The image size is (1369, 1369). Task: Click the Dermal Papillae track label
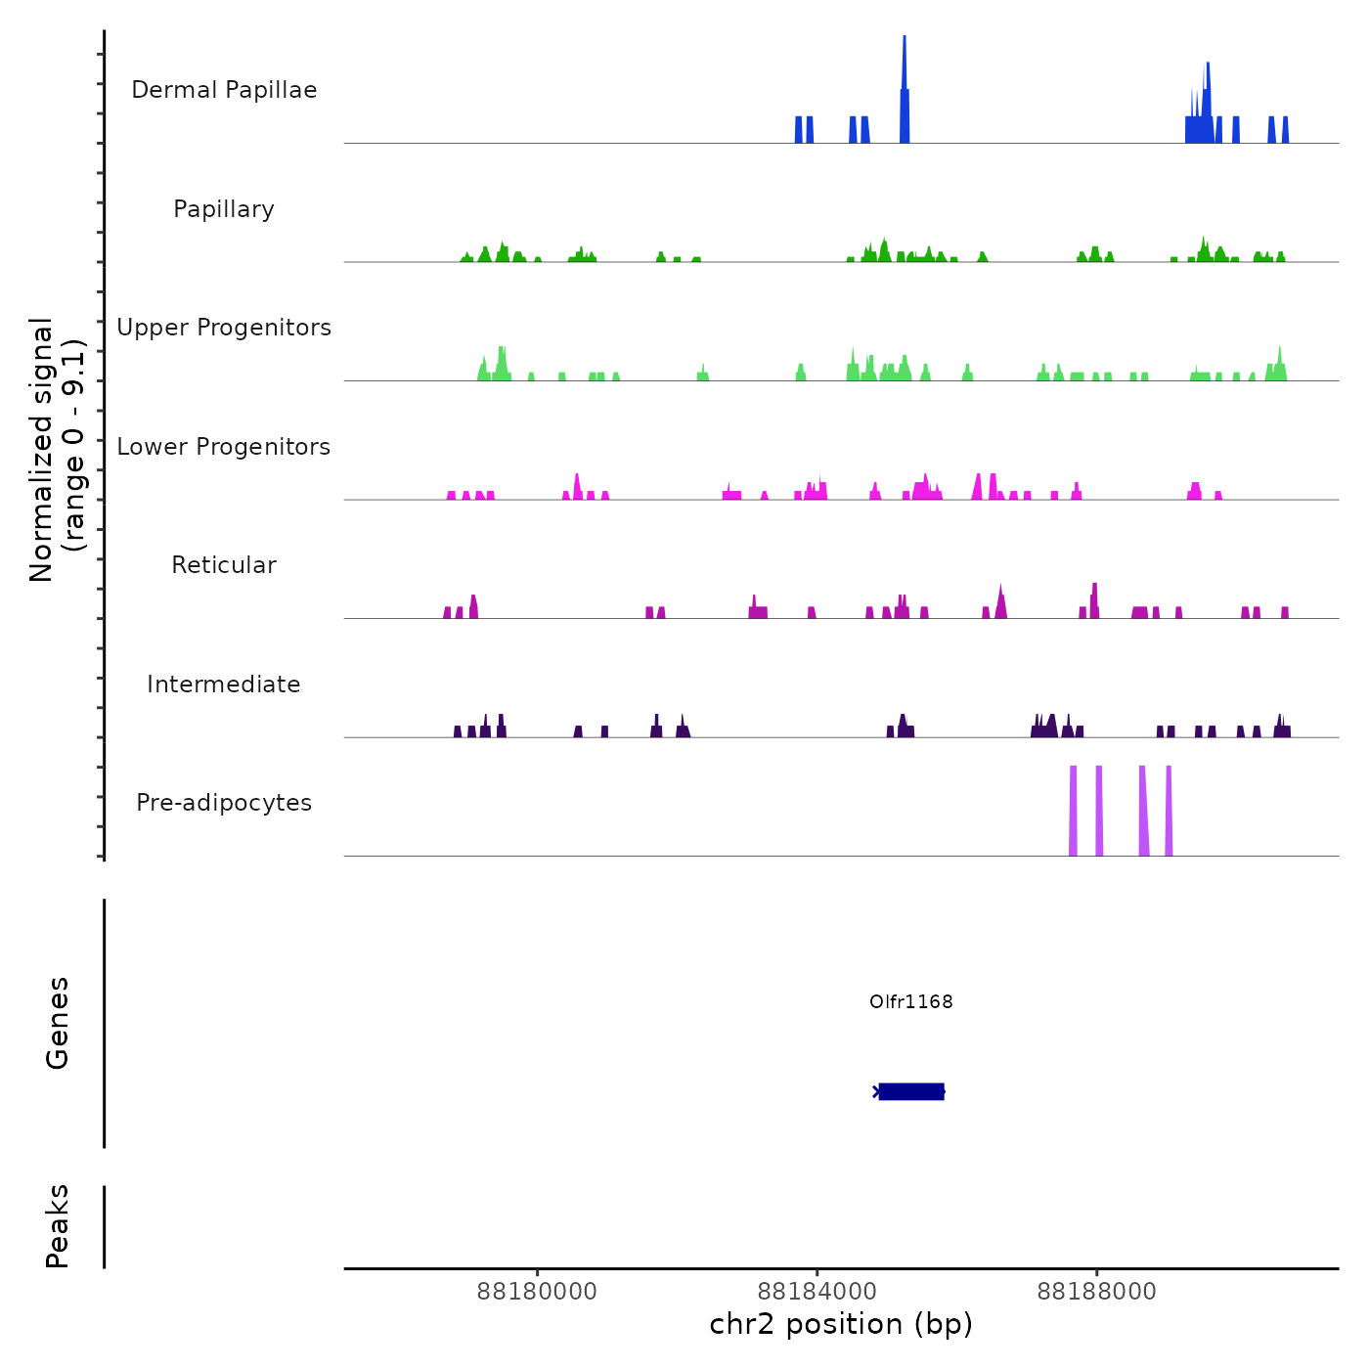[x=224, y=90]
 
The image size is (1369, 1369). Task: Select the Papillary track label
[x=224, y=209]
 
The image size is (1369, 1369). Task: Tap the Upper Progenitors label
[x=224, y=328]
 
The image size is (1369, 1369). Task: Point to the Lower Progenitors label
[x=224, y=447]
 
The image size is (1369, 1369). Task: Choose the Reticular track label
[x=224, y=565]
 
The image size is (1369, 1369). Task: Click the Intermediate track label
[x=224, y=684]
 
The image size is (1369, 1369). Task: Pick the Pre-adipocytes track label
[x=224, y=803]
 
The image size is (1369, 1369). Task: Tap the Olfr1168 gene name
[x=910, y=1001]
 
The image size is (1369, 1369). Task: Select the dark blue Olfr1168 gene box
[x=911, y=1091]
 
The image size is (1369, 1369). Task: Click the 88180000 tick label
[x=537, y=1292]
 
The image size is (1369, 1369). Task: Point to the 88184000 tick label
[x=817, y=1292]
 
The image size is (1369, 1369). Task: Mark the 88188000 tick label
[x=1096, y=1292]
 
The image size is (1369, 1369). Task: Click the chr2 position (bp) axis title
[x=841, y=1324]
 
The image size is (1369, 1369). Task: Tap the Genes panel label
[x=58, y=1022]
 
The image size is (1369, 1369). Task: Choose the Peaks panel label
[x=58, y=1225]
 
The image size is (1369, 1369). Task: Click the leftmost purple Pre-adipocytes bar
[x=1073, y=812]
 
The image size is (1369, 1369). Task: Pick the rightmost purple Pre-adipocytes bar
[x=1169, y=812]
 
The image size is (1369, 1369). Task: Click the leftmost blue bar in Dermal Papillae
[x=799, y=130]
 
